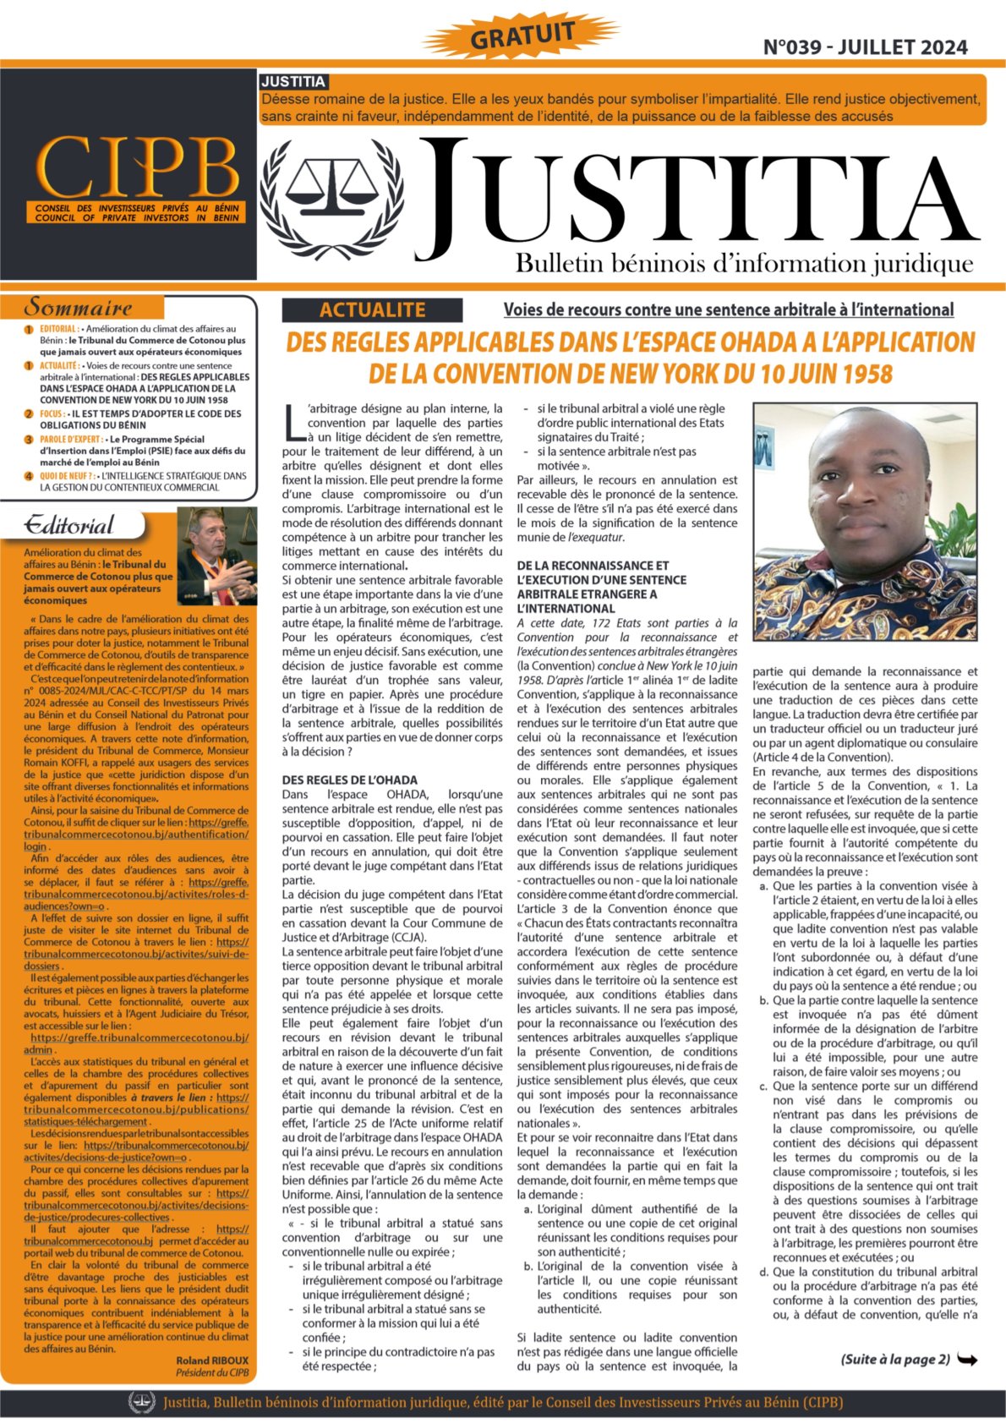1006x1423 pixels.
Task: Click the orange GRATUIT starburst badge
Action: (521, 36)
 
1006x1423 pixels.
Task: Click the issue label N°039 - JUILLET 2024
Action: (865, 47)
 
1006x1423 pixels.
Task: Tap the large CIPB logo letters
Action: (137, 167)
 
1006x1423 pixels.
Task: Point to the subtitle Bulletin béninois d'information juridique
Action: (744, 263)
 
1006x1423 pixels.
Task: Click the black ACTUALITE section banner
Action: (372, 309)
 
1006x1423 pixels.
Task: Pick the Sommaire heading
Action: (78, 306)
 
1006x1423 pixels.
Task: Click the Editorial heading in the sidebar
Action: (69, 525)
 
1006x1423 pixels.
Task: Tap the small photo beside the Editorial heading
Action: (216, 556)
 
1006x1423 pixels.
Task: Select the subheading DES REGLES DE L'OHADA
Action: (349, 780)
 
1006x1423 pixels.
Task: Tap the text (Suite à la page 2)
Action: (894, 1360)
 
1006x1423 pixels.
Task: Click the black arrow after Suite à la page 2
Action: (967, 1360)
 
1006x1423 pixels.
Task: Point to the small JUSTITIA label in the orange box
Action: (293, 82)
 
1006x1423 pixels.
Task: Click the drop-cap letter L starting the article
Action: (293, 423)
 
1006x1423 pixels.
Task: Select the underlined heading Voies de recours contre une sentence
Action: (728, 309)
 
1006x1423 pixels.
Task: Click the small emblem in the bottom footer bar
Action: (141, 1401)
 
